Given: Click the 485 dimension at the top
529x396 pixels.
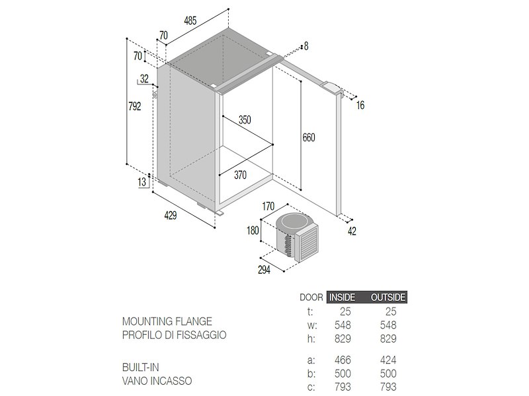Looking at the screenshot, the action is point(190,21).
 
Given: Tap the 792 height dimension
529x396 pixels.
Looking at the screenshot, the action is point(135,106).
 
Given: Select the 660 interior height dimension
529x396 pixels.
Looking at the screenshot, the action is point(309,137).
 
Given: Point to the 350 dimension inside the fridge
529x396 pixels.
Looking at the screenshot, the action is point(245,120).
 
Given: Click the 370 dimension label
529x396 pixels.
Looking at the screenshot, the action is point(240,175).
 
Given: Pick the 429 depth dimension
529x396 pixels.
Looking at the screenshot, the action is point(171,216).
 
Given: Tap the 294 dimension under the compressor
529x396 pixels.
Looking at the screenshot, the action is point(264,270).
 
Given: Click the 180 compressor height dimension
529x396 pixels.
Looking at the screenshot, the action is point(253,230).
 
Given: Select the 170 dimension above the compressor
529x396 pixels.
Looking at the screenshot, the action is point(268,206).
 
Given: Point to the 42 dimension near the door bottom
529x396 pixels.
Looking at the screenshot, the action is point(352,232).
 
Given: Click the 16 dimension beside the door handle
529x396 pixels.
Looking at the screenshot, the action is point(360,106).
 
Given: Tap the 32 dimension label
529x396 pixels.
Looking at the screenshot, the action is point(144,79).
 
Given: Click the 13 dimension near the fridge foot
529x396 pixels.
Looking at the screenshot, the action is point(142,182).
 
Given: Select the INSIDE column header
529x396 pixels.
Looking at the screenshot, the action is point(342,298).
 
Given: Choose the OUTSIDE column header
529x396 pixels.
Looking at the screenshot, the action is point(388,298).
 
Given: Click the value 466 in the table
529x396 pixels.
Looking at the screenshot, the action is point(343,360).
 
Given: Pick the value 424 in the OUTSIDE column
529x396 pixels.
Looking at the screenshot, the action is point(388,360).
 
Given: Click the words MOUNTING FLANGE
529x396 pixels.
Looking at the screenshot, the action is point(167,321).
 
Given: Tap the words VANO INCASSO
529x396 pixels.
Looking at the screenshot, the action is point(157,381).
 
